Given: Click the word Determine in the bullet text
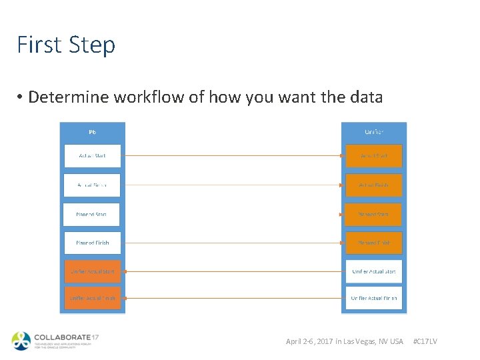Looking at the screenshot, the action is (x=69, y=97).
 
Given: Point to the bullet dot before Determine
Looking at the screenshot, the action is (x=21, y=97).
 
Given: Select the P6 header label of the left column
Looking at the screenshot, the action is (x=92, y=132).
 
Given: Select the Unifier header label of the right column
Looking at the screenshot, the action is (x=373, y=132).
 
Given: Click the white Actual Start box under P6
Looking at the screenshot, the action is (x=92, y=156).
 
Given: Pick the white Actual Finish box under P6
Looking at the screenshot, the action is (x=92, y=185).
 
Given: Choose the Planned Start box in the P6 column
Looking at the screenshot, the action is (x=92, y=214).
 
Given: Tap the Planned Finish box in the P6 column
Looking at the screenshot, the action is (x=92, y=243).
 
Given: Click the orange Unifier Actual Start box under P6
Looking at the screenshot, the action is (x=92, y=271).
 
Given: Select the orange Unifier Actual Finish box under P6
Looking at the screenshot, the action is (x=92, y=298).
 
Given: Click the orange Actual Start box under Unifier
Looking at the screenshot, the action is (x=373, y=156).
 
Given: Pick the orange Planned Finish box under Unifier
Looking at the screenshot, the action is (x=373, y=243).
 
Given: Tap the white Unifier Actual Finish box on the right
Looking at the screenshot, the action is (x=373, y=298).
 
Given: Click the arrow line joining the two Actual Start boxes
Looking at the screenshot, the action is (x=233, y=156).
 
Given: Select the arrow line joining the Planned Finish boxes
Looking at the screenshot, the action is (x=233, y=243).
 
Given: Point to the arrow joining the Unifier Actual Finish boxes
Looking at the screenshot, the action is (x=233, y=298).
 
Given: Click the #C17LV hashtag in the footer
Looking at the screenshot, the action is (x=425, y=341).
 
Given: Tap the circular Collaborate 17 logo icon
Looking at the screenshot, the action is (x=21, y=341).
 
